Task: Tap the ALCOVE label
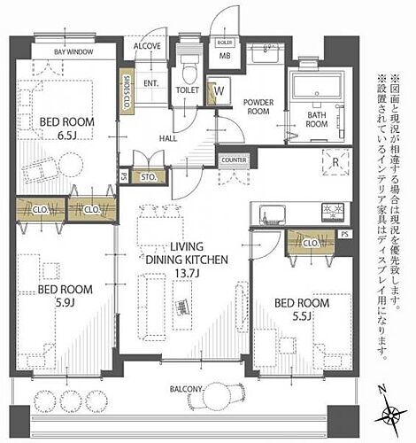pyautogui.click(x=146, y=46)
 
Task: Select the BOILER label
pyautogui.click(x=225, y=42)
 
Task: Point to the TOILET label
pyautogui.click(x=187, y=89)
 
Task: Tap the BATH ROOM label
pyautogui.click(x=318, y=120)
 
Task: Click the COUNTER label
pyautogui.click(x=234, y=159)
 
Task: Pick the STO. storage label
pyautogui.click(x=148, y=177)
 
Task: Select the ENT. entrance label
pyautogui.click(x=151, y=83)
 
